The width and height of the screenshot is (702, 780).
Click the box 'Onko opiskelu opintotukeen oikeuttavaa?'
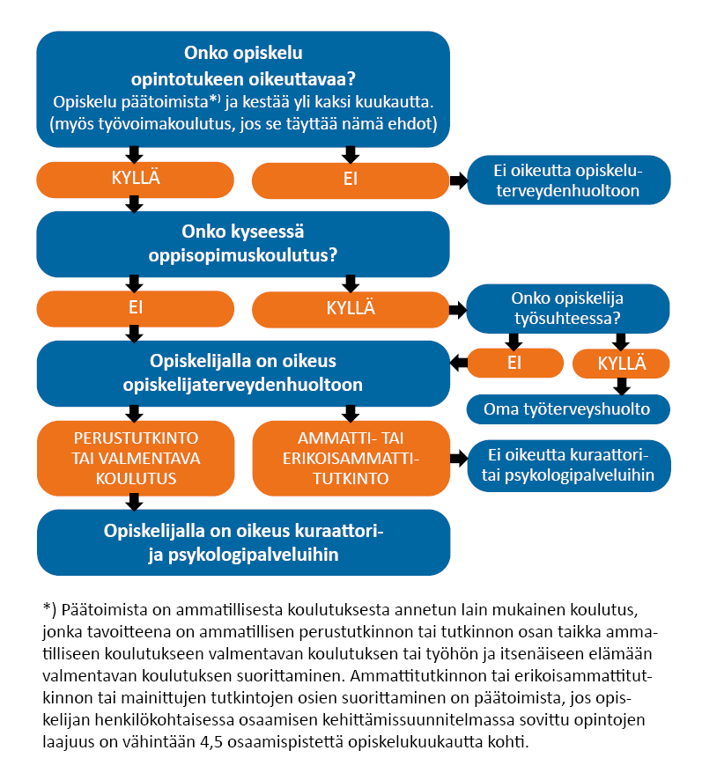click(x=243, y=88)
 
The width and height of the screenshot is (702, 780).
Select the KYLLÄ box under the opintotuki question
click(x=134, y=181)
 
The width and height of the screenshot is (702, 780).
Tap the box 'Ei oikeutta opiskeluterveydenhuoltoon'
click(x=568, y=180)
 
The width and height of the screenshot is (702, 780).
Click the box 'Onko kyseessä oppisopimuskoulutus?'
click(x=243, y=244)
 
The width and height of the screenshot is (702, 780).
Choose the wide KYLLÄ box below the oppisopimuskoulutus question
click(x=350, y=309)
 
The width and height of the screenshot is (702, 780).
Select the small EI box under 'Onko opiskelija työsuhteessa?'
click(x=515, y=363)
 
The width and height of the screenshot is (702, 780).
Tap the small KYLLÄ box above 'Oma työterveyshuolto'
click(x=621, y=363)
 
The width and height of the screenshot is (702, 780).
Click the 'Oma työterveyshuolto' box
click(x=568, y=409)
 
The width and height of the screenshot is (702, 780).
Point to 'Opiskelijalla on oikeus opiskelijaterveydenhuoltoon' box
click(x=243, y=373)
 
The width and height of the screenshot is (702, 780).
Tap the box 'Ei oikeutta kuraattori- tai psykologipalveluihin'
click(x=568, y=466)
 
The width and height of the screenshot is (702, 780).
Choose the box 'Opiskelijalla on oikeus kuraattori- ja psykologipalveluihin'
click(x=243, y=542)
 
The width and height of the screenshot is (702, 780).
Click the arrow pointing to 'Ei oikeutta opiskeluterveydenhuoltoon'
click(x=458, y=181)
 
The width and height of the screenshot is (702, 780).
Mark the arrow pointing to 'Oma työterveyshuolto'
click(x=622, y=385)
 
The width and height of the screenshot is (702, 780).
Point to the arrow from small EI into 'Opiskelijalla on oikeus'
click(x=458, y=362)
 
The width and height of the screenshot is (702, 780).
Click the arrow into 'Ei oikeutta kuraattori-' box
click(x=458, y=459)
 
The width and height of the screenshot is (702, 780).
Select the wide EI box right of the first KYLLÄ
click(x=350, y=181)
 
